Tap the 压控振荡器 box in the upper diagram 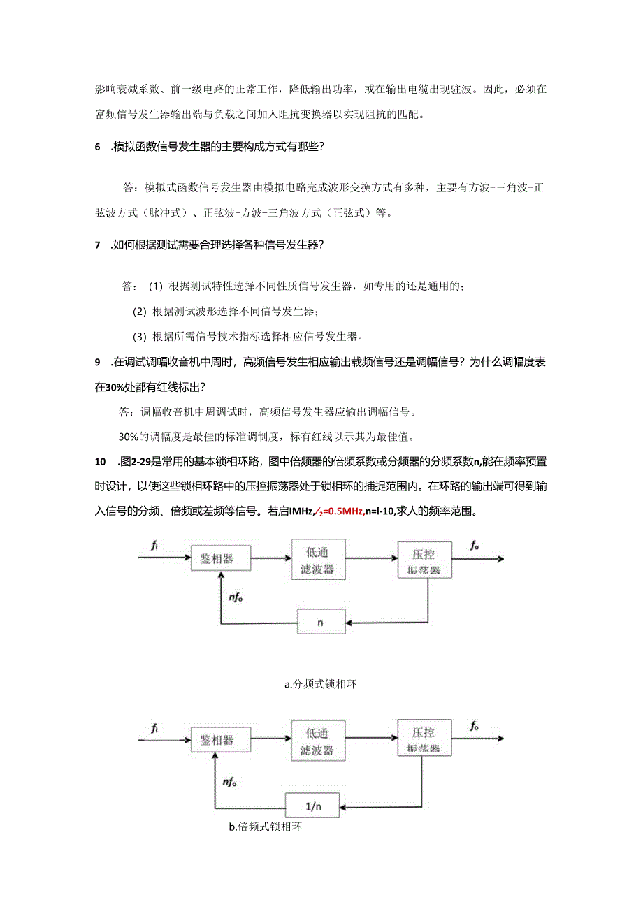click(x=424, y=559)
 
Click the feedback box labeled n click(x=320, y=621)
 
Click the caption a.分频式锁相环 click(x=321, y=685)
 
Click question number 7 click(x=98, y=245)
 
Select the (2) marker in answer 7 click(x=139, y=311)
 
